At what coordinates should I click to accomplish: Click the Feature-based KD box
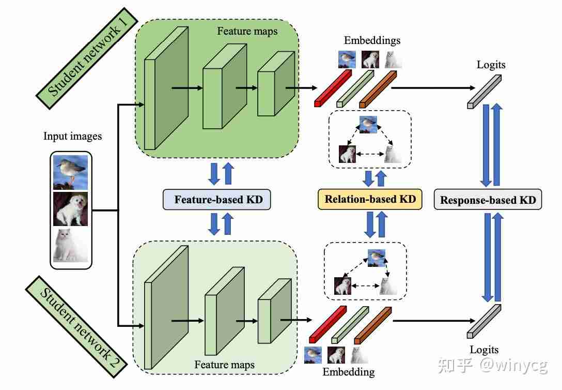point(216,200)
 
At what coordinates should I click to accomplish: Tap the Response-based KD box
point(488,200)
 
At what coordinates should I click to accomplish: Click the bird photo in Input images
point(71,172)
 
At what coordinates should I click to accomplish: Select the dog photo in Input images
point(71,209)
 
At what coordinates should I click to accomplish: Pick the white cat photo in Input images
point(71,245)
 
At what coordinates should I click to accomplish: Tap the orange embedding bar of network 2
point(372,325)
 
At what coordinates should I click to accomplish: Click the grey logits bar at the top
point(484,92)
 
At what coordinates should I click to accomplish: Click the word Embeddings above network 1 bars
point(372,40)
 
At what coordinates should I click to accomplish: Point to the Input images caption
point(72,137)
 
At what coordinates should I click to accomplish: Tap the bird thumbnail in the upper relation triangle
point(368,125)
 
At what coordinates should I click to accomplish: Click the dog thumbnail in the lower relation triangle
point(343,286)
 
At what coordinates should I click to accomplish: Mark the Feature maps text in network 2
point(224,365)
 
